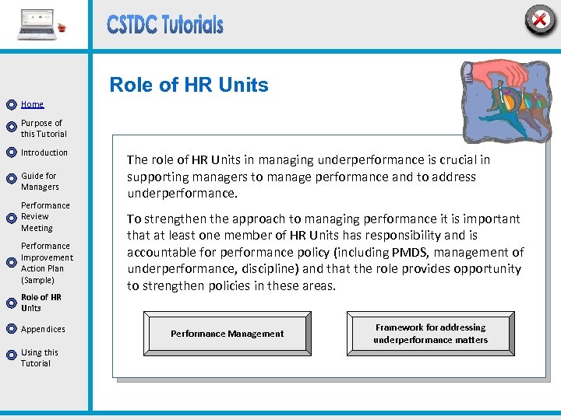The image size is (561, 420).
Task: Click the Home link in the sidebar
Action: pyautogui.click(x=33, y=104)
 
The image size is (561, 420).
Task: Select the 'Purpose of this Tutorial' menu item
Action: pyautogui.click(x=42, y=128)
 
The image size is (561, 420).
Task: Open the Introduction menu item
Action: pyautogui.click(x=44, y=152)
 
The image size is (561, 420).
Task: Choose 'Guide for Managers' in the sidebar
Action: pyautogui.click(x=40, y=181)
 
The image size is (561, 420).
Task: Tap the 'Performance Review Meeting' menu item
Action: pyautogui.click(x=45, y=217)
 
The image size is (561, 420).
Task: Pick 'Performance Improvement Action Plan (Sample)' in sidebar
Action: pyautogui.click(x=47, y=263)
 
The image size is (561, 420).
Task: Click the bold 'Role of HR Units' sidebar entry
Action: pyautogui.click(x=41, y=303)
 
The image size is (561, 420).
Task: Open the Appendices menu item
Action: pyautogui.click(x=43, y=329)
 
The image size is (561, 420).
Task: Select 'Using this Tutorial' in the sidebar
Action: pyautogui.click(x=40, y=358)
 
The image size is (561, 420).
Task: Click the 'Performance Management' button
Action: pyautogui.click(x=228, y=334)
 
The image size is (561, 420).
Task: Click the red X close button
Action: pyautogui.click(x=539, y=19)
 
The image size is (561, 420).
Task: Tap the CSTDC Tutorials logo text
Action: pyautogui.click(x=165, y=26)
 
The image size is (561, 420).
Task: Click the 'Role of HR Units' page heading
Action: pyautogui.click(x=189, y=85)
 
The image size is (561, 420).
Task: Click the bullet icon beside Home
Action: pyautogui.click(x=11, y=104)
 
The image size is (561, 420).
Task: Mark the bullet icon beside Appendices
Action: pyautogui.click(x=11, y=329)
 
